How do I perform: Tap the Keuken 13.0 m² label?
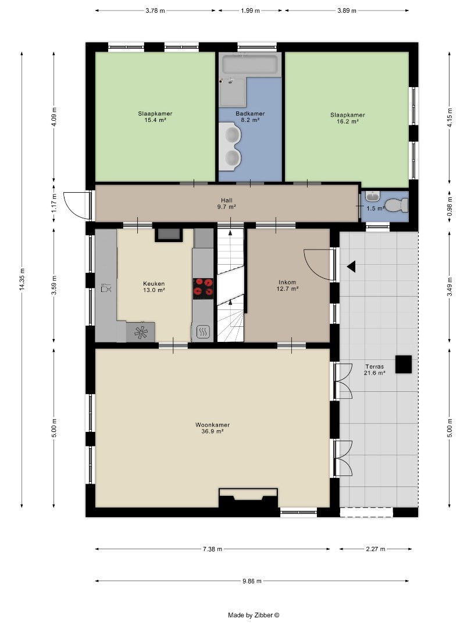[x=154, y=287]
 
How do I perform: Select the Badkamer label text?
[x=250, y=113]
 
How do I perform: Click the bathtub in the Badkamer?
[x=250, y=64]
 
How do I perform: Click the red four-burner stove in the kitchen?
[x=204, y=289]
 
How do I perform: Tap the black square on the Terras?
[x=404, y=364]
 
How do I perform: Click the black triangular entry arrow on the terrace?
[x=351, y=266]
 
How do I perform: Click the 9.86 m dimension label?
[x=252, y=581]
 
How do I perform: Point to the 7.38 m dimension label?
[x=212, y=549]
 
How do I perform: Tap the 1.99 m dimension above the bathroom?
[x=250, y=11]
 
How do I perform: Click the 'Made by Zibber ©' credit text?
[x=254, y=615]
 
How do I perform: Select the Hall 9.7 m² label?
[x=227, y=203]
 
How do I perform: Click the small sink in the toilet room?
[x=373, y=196]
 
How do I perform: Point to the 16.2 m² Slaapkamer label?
[x=348, y=118]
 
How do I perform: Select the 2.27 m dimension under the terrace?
[x=375, y=549]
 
